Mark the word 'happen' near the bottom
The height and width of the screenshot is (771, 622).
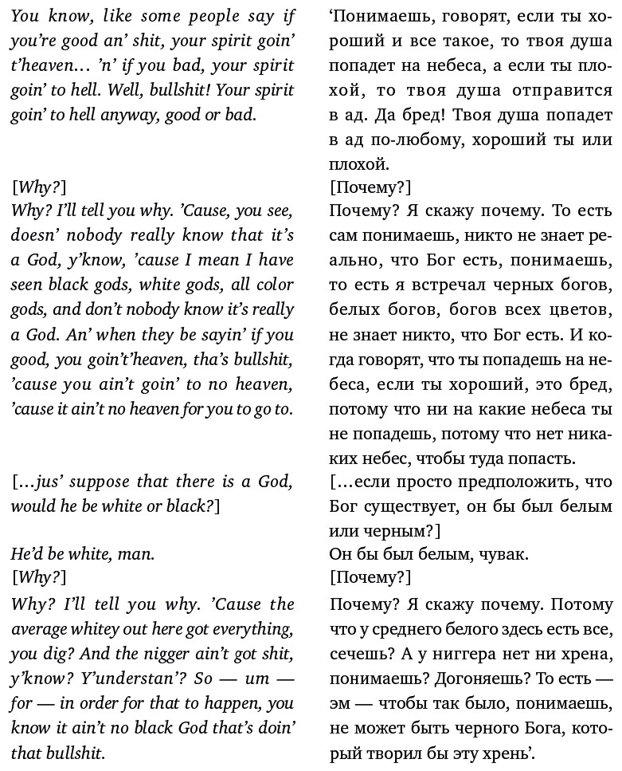click(x=229, y=703)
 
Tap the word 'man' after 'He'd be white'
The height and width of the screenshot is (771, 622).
click(x=136, y=553)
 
